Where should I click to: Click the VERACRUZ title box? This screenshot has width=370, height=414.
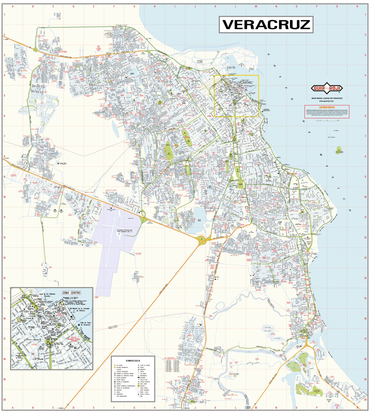[266, 25]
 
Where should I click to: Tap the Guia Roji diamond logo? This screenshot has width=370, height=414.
[327, 88]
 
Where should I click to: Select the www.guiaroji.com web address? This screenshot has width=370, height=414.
[327, 101]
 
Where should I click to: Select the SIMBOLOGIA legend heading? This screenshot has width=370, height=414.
[133, 360]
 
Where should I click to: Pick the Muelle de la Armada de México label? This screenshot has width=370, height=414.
[81, 310]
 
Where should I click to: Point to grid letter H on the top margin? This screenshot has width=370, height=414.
[155, 6]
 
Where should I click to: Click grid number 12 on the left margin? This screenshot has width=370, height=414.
[5, 237]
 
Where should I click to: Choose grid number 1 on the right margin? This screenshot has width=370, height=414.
[365, 14]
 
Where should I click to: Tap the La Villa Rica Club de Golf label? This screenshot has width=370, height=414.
[317, 391]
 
